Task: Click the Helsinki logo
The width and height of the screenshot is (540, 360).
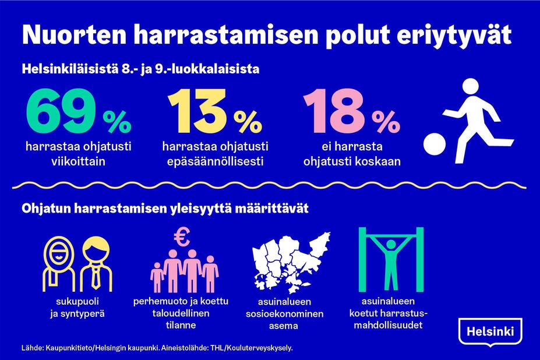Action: tap(490, 333)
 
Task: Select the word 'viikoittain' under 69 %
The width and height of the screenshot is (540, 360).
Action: tap(78, 161)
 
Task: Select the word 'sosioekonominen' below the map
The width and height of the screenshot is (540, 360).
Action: tap(284, 314)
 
